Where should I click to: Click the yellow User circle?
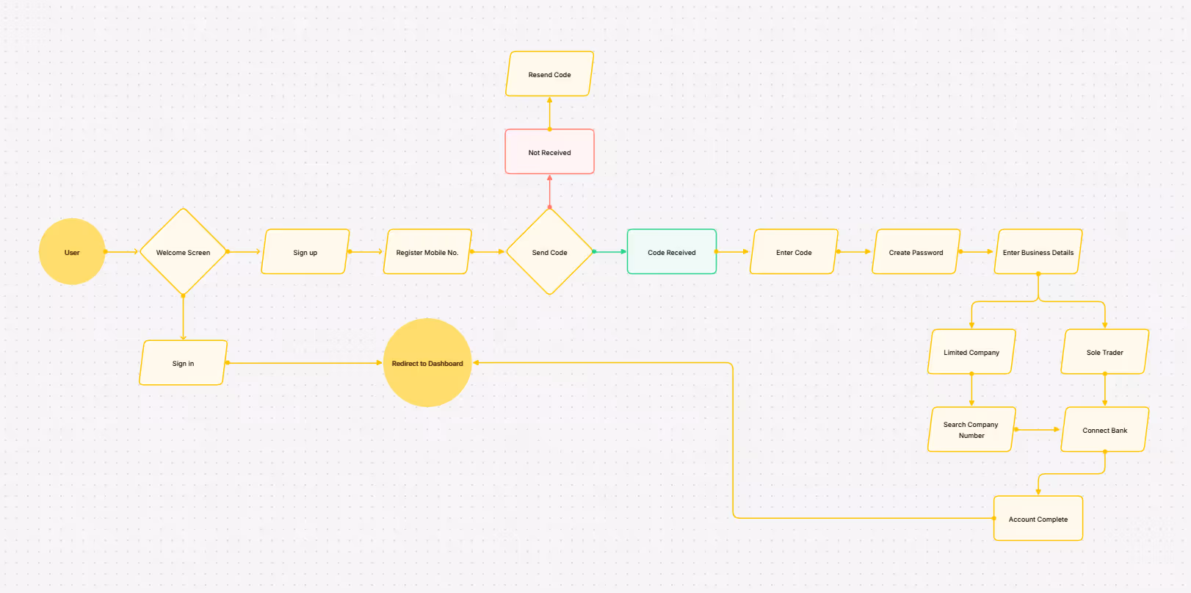point(72,252)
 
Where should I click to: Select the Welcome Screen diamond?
point(183,252)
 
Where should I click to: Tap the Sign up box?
point(305,252)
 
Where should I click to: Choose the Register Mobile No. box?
point(427,252)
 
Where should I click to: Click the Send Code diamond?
point(549,252)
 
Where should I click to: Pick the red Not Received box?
point(549,152)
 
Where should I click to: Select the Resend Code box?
point(549,74)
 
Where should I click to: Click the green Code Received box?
point(671,252)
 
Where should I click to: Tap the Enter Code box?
point(794,252)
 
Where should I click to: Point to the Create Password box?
point(916,252)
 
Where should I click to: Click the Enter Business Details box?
point(1038,252)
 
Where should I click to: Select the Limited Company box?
point(971,352)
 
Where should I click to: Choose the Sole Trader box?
point(1104,352)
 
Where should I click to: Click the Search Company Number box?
point(971,430)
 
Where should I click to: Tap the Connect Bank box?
point(1104,430)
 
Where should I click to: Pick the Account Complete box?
point(1038,519)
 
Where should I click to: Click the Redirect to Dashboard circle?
point(427,363)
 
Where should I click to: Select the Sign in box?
point(183,363)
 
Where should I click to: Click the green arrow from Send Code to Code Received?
point(610,252)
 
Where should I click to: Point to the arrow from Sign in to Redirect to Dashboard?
point(305,363)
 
